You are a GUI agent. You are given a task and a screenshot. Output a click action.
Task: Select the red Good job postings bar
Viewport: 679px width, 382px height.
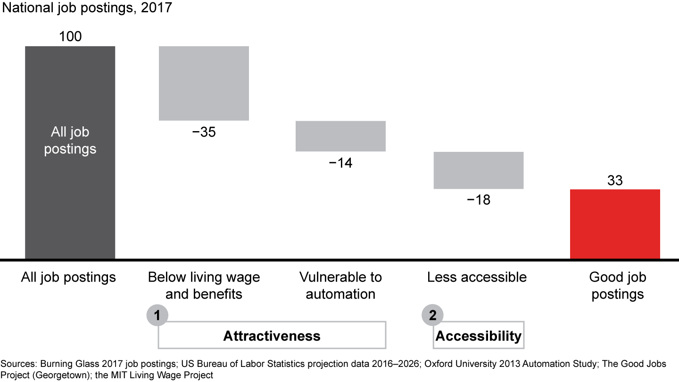tap(615, 224)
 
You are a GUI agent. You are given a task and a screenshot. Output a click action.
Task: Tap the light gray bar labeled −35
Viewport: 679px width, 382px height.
tap(204, 83)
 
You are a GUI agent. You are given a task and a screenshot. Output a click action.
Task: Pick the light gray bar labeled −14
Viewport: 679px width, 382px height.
tap(340, 136)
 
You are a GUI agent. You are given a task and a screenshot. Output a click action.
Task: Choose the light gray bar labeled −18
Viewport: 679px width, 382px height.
tap(478, 170)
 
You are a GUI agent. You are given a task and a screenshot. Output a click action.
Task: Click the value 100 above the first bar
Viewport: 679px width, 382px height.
tap(70, 36)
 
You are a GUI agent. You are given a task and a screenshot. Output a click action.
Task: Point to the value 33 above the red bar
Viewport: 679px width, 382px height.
tap(615, 180)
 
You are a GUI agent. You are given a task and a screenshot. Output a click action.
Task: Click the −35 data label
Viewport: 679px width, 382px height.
tap(204, 133)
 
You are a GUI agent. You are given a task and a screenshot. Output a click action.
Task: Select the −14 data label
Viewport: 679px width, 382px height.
tap(340, 163)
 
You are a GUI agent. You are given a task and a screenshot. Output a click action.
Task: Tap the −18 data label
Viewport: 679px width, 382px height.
tap(478, 200)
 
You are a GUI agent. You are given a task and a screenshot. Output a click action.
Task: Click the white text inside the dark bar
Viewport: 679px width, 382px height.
tap(70, 140)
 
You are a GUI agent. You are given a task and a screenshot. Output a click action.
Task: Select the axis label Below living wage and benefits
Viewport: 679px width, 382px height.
tap(204, 285)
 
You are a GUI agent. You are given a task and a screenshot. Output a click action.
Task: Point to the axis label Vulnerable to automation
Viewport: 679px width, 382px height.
tap(340, 285)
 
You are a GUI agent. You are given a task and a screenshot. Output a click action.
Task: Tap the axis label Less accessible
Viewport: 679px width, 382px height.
tap(477, 277)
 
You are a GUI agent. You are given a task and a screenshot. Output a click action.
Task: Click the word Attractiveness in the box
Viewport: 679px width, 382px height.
tap(272, 336)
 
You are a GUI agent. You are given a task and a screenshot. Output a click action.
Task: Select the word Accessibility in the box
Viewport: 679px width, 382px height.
tap(478, 336)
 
